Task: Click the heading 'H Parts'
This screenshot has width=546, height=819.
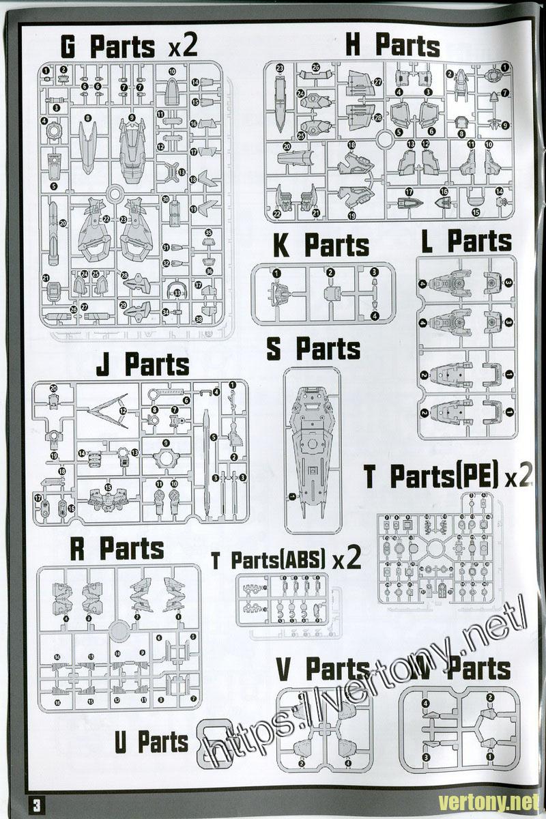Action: pyautogui.click(x=392, y=46)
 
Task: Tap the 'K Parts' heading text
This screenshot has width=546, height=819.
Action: pyautogui.click(x=321, y=246)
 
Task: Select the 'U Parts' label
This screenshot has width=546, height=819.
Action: pyautogui.click(x=151, y=743)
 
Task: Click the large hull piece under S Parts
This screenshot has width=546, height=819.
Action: pyautogui.click(x=312, y=444)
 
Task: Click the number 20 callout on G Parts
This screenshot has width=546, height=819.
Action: pyautogui.click(x=63, y=223)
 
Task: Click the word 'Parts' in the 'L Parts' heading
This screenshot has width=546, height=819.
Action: pyautogui.click(x=480, y=241)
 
